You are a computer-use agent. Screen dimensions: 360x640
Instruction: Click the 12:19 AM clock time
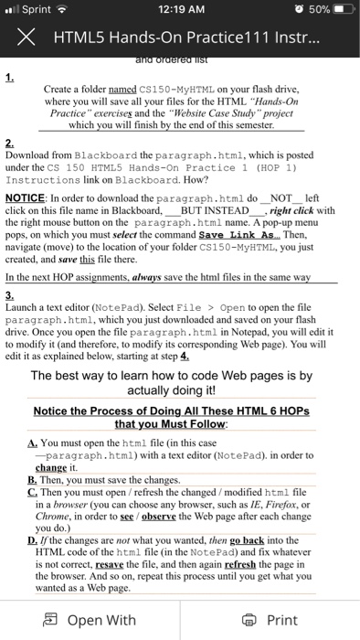(179, 10)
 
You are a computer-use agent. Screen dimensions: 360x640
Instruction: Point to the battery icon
(338, 10)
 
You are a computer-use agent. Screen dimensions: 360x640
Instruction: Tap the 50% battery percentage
(306, 10)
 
